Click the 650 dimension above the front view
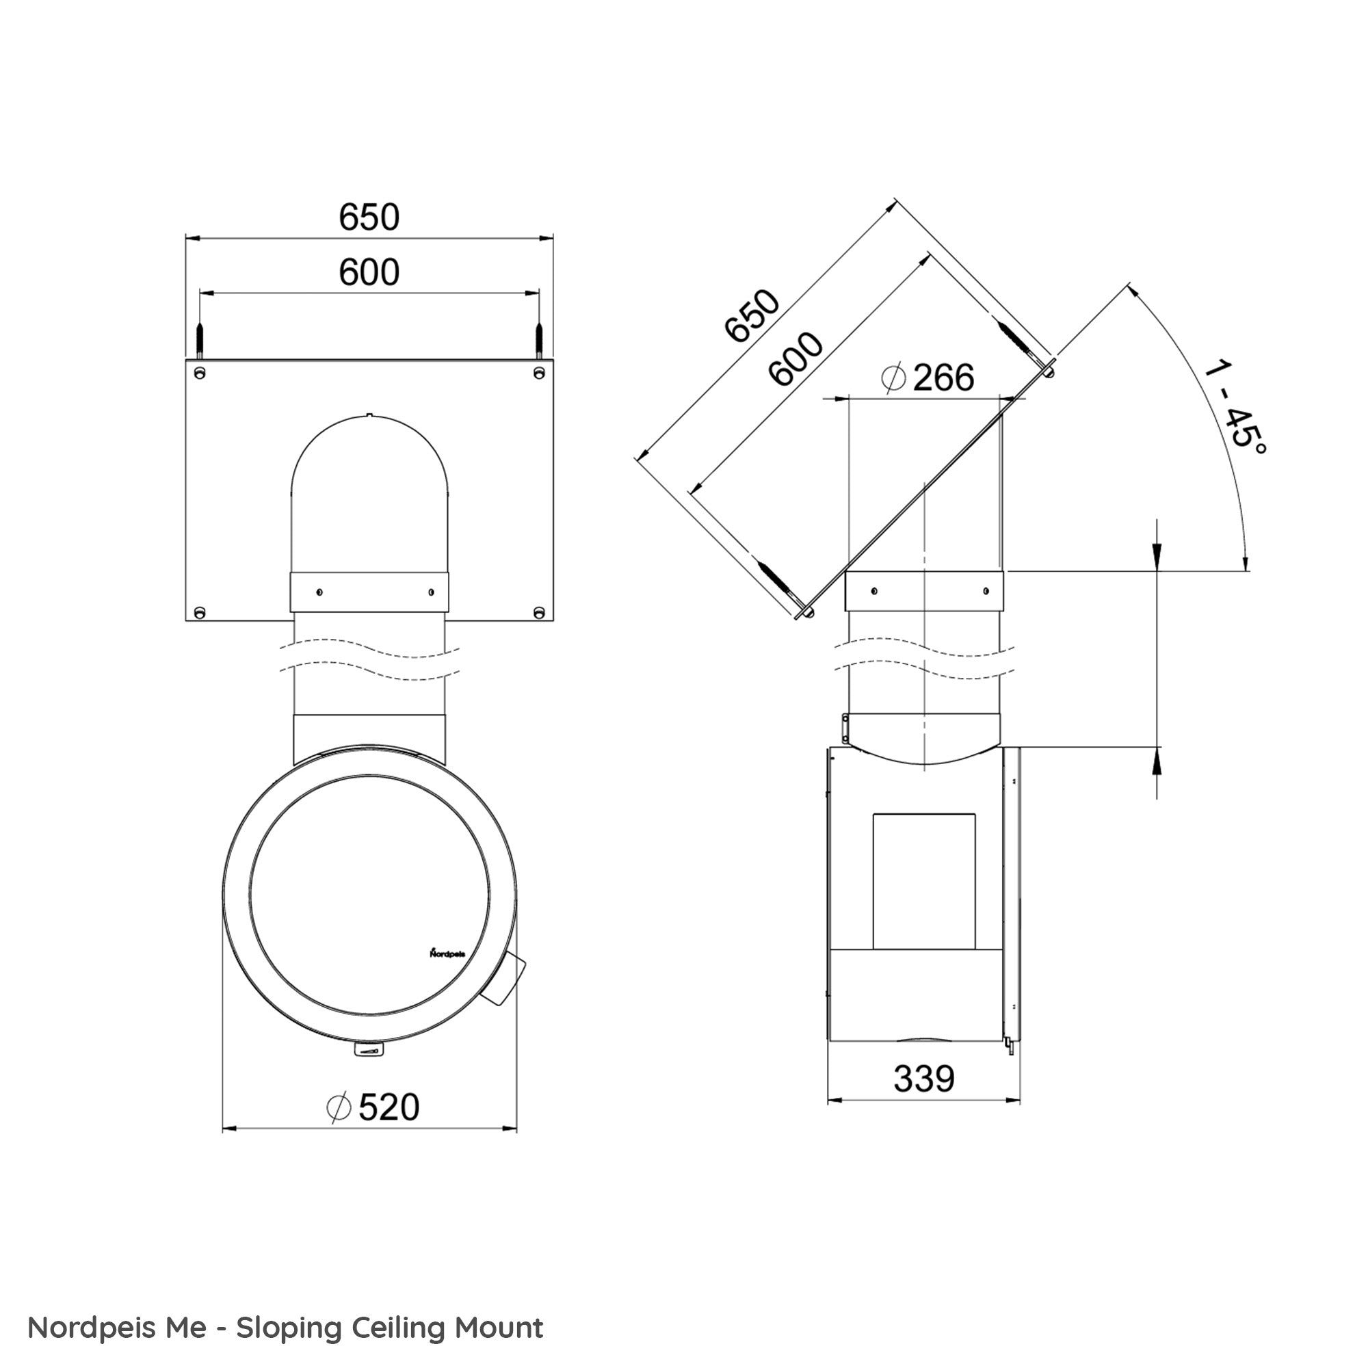tap(369, 217)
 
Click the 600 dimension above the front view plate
tap(369, 273)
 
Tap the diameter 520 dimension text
tap(374, 1107)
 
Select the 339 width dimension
tap(923, 1079)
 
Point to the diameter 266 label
tap(928, 378)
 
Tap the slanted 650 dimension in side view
tap(752, 315)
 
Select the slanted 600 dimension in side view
tap(796, 359)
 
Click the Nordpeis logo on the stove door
tap(447, 953)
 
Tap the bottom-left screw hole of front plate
tap(200, 611)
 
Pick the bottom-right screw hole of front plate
tap(539, 611)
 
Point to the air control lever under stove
tap(368, 1051)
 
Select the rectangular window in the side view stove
tap(923, 882)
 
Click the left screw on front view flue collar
tap(319, 591)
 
